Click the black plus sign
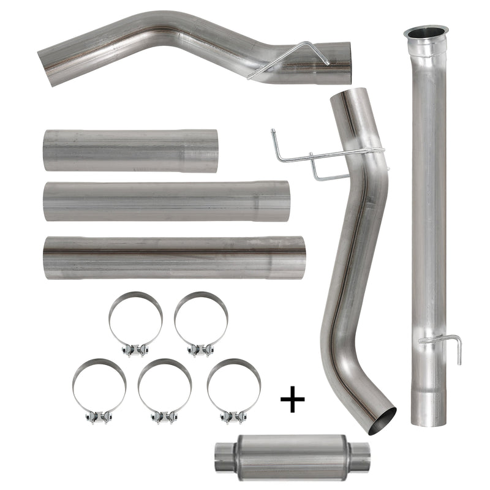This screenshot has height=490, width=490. pos(292,401)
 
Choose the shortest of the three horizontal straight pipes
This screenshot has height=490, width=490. pos(130,151)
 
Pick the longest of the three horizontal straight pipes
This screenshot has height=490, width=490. pos(175,257)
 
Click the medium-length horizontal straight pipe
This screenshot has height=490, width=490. pos(166,201)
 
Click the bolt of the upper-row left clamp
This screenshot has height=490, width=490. pos(135,350)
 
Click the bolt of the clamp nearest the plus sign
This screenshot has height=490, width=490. pos(233,417)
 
